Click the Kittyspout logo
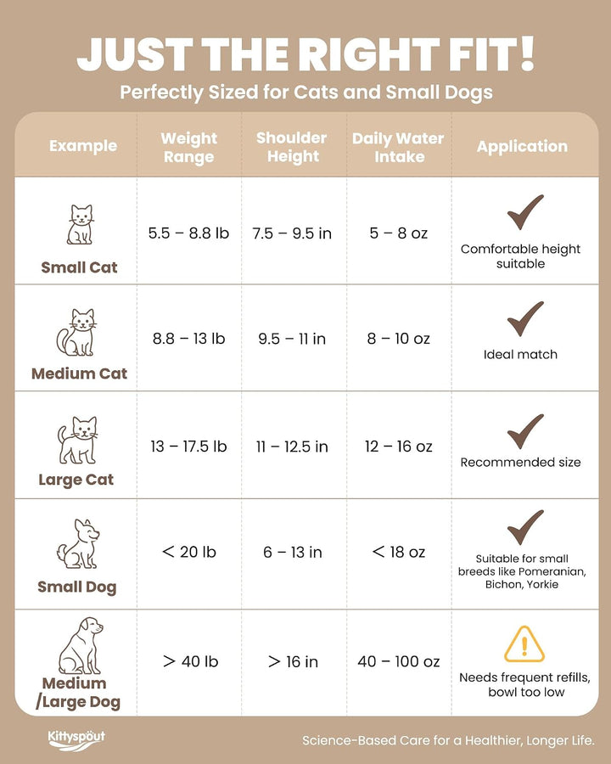(76, 739)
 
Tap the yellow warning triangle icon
(524, 644)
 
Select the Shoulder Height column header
(292, 147)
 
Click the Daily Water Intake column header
(398, 147)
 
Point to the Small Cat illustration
(80, 224)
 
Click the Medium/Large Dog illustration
(81, 646)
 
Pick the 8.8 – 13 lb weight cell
(188, 338)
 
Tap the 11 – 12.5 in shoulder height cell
(292, 447)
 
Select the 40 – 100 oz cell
(399, 661)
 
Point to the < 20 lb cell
(188, 552)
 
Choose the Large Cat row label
(76, 480)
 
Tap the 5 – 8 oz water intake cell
(398, 233)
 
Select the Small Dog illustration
(78, 544)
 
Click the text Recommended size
(520, 462)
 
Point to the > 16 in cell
(293, 661)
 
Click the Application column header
(522, 146)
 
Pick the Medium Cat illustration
(76, 332)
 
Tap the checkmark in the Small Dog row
(524, 528)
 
